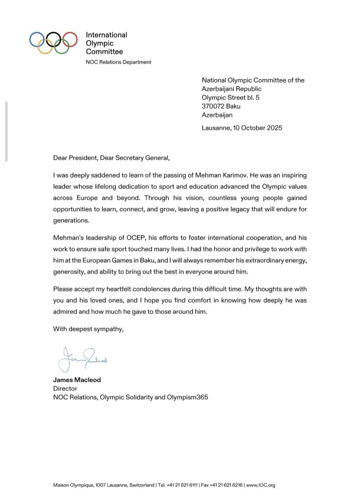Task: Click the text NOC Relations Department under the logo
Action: tap(119, 62)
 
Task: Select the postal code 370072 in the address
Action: tap(212, 106)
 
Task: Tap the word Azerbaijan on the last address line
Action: tap(217, 115)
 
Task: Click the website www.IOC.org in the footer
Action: tap(261, 485)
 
